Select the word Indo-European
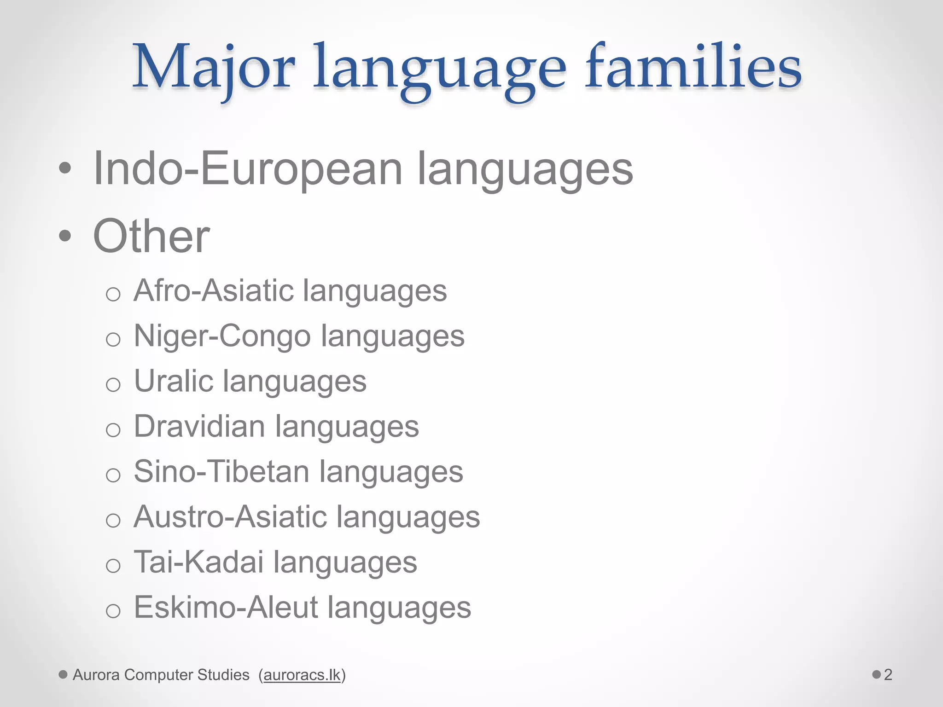point(248,169)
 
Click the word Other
point(151,236)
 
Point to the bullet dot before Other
point(65,237)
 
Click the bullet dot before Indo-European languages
point(65,169)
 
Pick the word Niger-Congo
point(222,336)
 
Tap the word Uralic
point(174,381)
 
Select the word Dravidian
point(199,426)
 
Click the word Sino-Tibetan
point(221,472)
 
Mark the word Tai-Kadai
point(198,562)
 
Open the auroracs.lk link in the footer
point(302,675)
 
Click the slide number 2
point(888,675)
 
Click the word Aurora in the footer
point(96,675)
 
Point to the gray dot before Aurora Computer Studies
point(64,675)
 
